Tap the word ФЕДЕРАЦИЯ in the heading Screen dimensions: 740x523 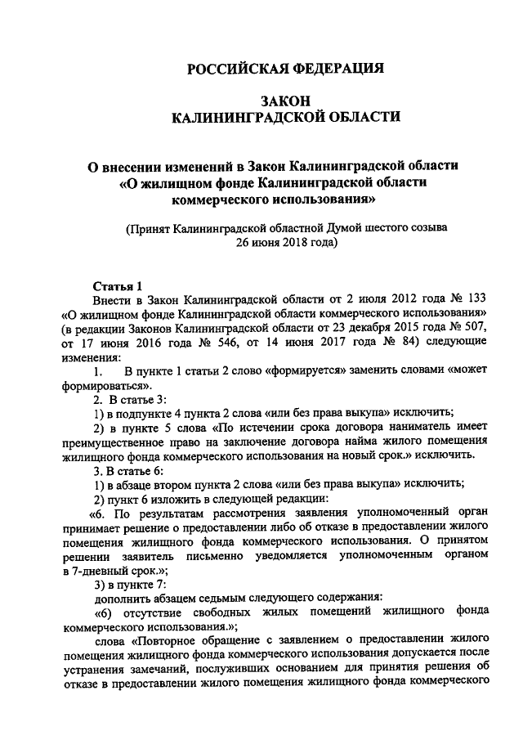(334, 70)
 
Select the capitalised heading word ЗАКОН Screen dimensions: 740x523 (286, 99)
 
